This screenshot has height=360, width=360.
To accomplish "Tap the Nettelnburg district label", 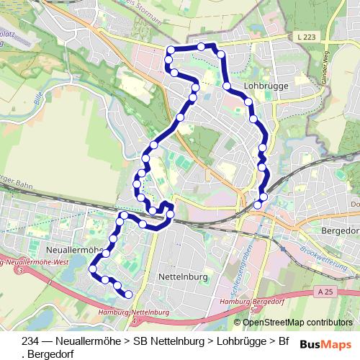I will click(x=181, y=276).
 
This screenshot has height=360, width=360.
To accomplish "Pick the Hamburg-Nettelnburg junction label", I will click(x=134, y=312).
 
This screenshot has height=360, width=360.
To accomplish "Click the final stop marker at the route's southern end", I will click(x=128, y=294).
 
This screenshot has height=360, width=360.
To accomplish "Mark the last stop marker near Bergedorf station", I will click(x=264, y=197).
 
